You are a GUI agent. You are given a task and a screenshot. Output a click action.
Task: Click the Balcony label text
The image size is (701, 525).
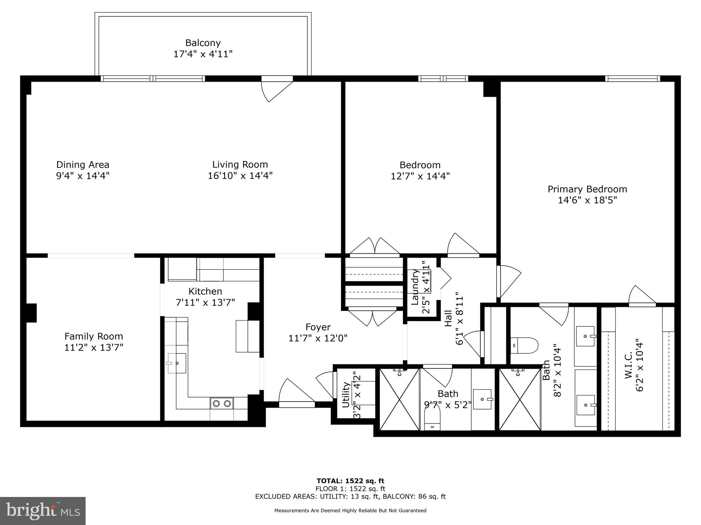(203, 43)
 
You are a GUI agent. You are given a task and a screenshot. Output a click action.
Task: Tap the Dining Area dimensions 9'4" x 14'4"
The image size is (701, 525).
(82, 176)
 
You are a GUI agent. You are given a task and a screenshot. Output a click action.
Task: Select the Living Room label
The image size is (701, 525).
(240, 165)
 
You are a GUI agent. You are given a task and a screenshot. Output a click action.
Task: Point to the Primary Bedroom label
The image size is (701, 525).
(587, 189)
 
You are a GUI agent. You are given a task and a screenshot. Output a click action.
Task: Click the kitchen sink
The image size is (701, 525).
(177, 363)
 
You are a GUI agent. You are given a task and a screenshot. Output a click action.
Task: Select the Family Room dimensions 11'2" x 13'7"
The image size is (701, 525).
(94, 348)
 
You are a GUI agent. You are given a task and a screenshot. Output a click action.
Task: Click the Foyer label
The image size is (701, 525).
(318, 327)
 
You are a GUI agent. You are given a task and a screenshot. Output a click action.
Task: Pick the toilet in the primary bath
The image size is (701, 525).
(524, 345)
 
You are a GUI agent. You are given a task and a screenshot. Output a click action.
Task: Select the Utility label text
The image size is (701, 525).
(346, 395)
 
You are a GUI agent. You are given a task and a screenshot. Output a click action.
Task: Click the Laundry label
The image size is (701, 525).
(415, 287)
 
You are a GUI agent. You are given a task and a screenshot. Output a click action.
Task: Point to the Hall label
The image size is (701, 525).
(448, 318)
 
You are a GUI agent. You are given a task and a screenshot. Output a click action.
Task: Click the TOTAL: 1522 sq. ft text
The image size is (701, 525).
(350, 481)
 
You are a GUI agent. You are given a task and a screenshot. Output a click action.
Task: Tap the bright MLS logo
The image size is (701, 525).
(43, 511)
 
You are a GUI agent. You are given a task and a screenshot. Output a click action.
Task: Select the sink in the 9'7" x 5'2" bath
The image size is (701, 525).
(482, 399)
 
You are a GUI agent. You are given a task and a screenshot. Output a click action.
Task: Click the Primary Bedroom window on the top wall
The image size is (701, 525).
(632, 79)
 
